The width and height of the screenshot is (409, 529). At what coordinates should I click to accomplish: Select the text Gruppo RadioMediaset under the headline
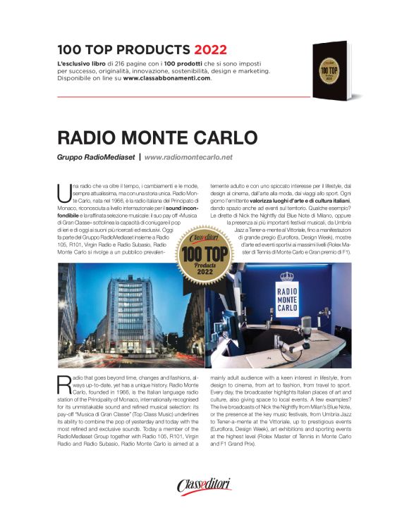[95, 157]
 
